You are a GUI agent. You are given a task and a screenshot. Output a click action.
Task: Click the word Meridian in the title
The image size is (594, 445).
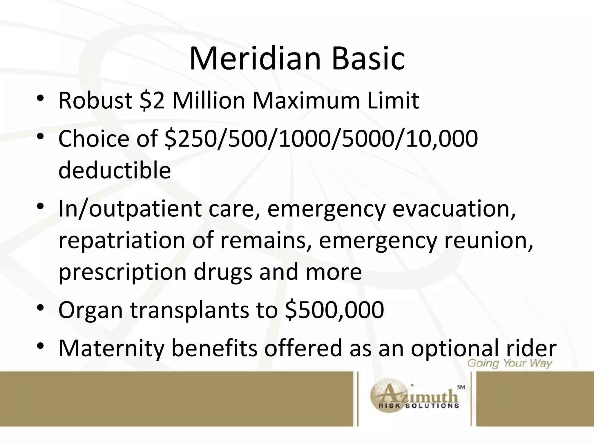255,59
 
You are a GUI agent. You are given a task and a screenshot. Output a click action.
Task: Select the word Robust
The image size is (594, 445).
95,101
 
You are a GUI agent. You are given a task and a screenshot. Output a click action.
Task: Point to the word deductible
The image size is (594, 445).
115,170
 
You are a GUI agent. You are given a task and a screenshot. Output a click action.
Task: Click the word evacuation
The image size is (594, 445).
454,209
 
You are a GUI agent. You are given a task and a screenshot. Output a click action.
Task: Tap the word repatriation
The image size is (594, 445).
122,241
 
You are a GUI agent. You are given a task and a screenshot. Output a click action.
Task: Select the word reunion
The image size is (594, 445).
487,241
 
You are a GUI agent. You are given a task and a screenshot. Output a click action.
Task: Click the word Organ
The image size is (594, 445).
91,310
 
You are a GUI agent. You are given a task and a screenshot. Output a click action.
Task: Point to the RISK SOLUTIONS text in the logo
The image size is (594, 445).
419,406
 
